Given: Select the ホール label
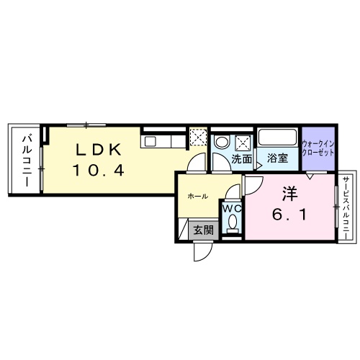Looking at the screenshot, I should tap(198, 196).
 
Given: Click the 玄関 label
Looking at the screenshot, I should tap(203, 230).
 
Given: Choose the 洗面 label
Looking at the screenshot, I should tap(241, 158).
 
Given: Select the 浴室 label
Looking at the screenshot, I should tap(278, 158).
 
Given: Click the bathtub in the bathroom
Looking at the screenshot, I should tap(278, 138).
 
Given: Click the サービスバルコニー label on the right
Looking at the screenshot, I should tap(346, 209).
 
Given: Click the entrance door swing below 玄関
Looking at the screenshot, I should tap(202, 252).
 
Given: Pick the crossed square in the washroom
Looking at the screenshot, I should tap(243, 140).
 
